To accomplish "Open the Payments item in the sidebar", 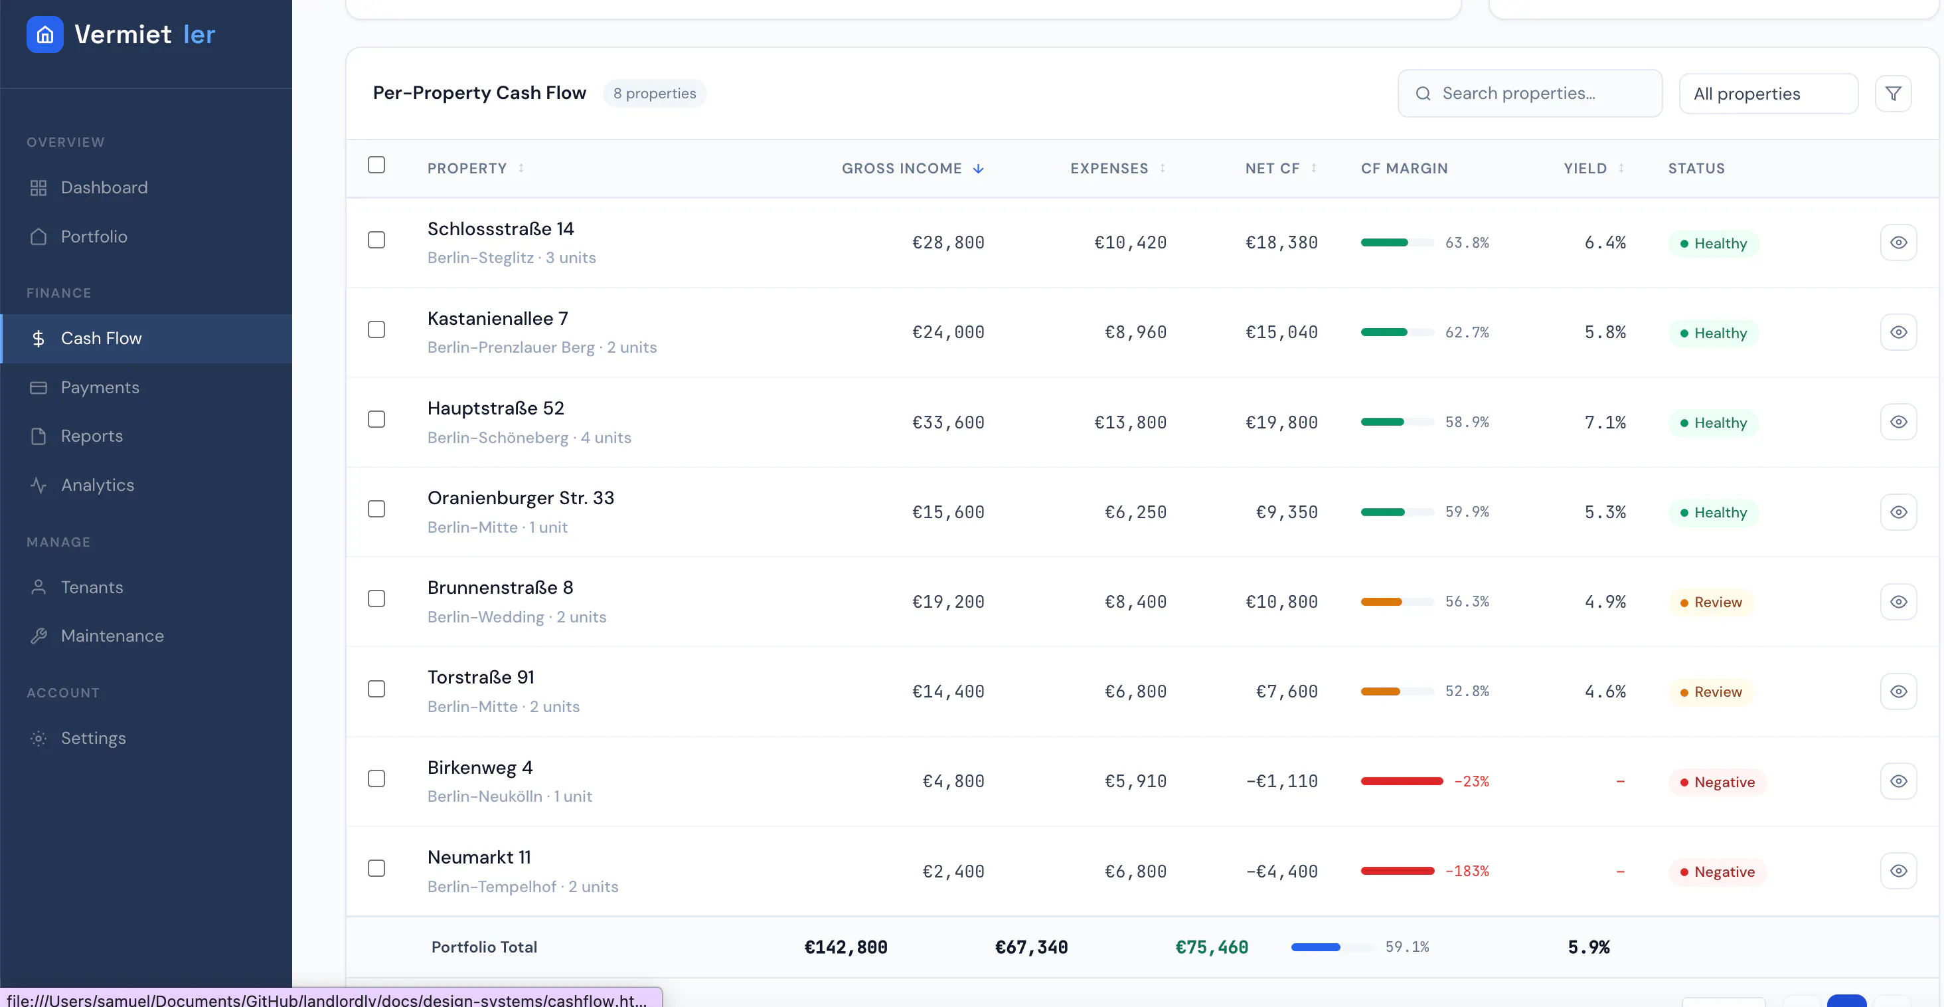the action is [100, 387].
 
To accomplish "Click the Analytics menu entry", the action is [98, 485].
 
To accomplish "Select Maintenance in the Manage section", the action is [112, 636].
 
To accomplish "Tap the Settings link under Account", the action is [93, 737].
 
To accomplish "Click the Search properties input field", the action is [1530, 94].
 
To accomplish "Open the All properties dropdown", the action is [1768, 94].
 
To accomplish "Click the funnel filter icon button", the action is [1893, 94].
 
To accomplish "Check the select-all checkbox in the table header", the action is [376, 165].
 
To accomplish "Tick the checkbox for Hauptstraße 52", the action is [376, 419].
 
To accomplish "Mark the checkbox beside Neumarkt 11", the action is [376, 868].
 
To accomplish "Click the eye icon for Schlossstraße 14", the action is [1898, 242].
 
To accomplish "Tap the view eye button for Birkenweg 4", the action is [1898, 781].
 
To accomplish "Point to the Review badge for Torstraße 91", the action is [1711, 691].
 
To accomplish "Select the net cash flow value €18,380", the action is [1281, 242].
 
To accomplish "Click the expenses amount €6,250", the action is [1136, 512].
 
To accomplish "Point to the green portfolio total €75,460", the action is [1212, 947].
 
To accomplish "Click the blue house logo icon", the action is [45, 35].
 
